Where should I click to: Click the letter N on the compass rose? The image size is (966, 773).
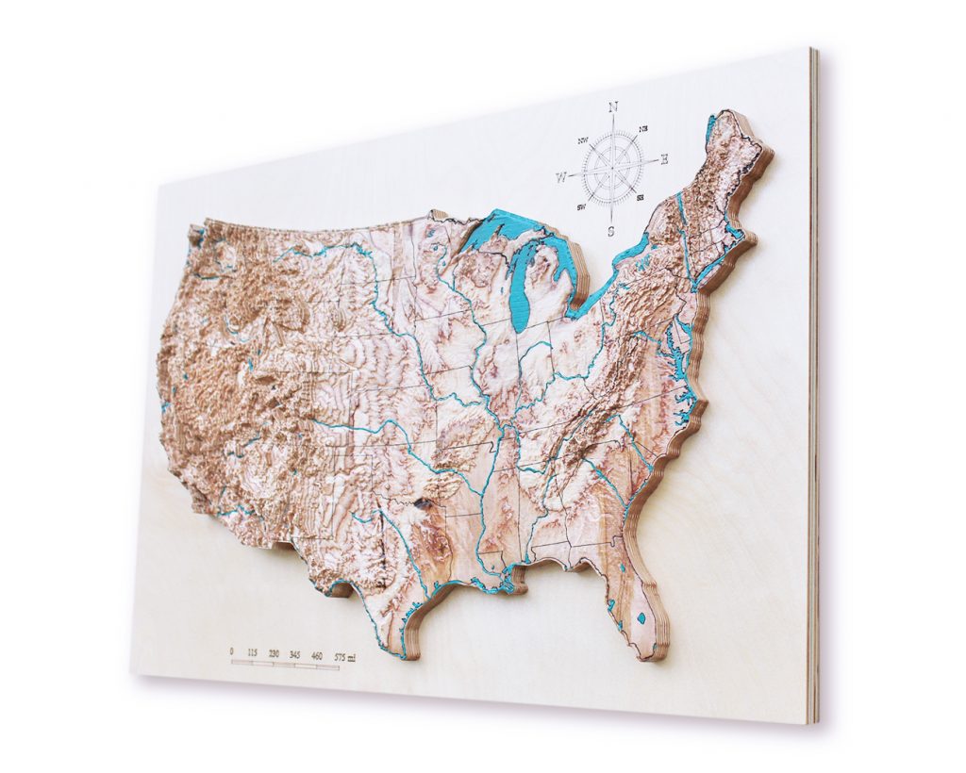click(x=613, y=107)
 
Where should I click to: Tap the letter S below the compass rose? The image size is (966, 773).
click(x=610, y=229)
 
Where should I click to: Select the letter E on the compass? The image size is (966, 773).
click(x=664, y=159)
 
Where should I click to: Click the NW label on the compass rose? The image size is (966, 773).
click(x=581, y=140)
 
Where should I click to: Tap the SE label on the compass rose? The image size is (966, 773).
click(x=641, y=197)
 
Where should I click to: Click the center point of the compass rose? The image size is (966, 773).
click(x=612, y=168)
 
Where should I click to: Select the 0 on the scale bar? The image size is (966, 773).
click(x=232, y=650)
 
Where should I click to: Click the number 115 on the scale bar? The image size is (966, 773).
click(x=252, y=651)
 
